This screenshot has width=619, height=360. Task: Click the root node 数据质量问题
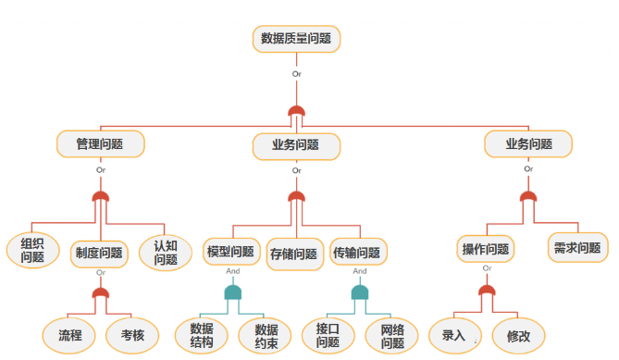click(x=296, y=39)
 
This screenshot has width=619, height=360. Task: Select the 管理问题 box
click(x=101, y=144)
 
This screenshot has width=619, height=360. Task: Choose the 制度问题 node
click(x=98, y=252)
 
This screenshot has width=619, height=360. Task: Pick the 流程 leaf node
click(x=70, y=335)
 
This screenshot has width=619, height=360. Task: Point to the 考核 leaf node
click(x=132, y=335)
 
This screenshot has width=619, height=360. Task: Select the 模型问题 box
click(x=230, y=252)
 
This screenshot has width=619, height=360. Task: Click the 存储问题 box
click(x=294, y=253)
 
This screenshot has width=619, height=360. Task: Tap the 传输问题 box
click(x=359, y=252)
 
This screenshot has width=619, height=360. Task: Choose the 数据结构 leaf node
click(x=202, y=335)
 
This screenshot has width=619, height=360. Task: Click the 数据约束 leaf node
click(x=266, y=335)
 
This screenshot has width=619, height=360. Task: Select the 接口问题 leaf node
click(x=328, y=335)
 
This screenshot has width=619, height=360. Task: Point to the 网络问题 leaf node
click(x=392, y=335)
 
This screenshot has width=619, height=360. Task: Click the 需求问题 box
click(x=577, y=247)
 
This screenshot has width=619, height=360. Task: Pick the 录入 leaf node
click(x=453, y=335)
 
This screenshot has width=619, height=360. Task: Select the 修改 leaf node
click(x=518, y=335)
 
